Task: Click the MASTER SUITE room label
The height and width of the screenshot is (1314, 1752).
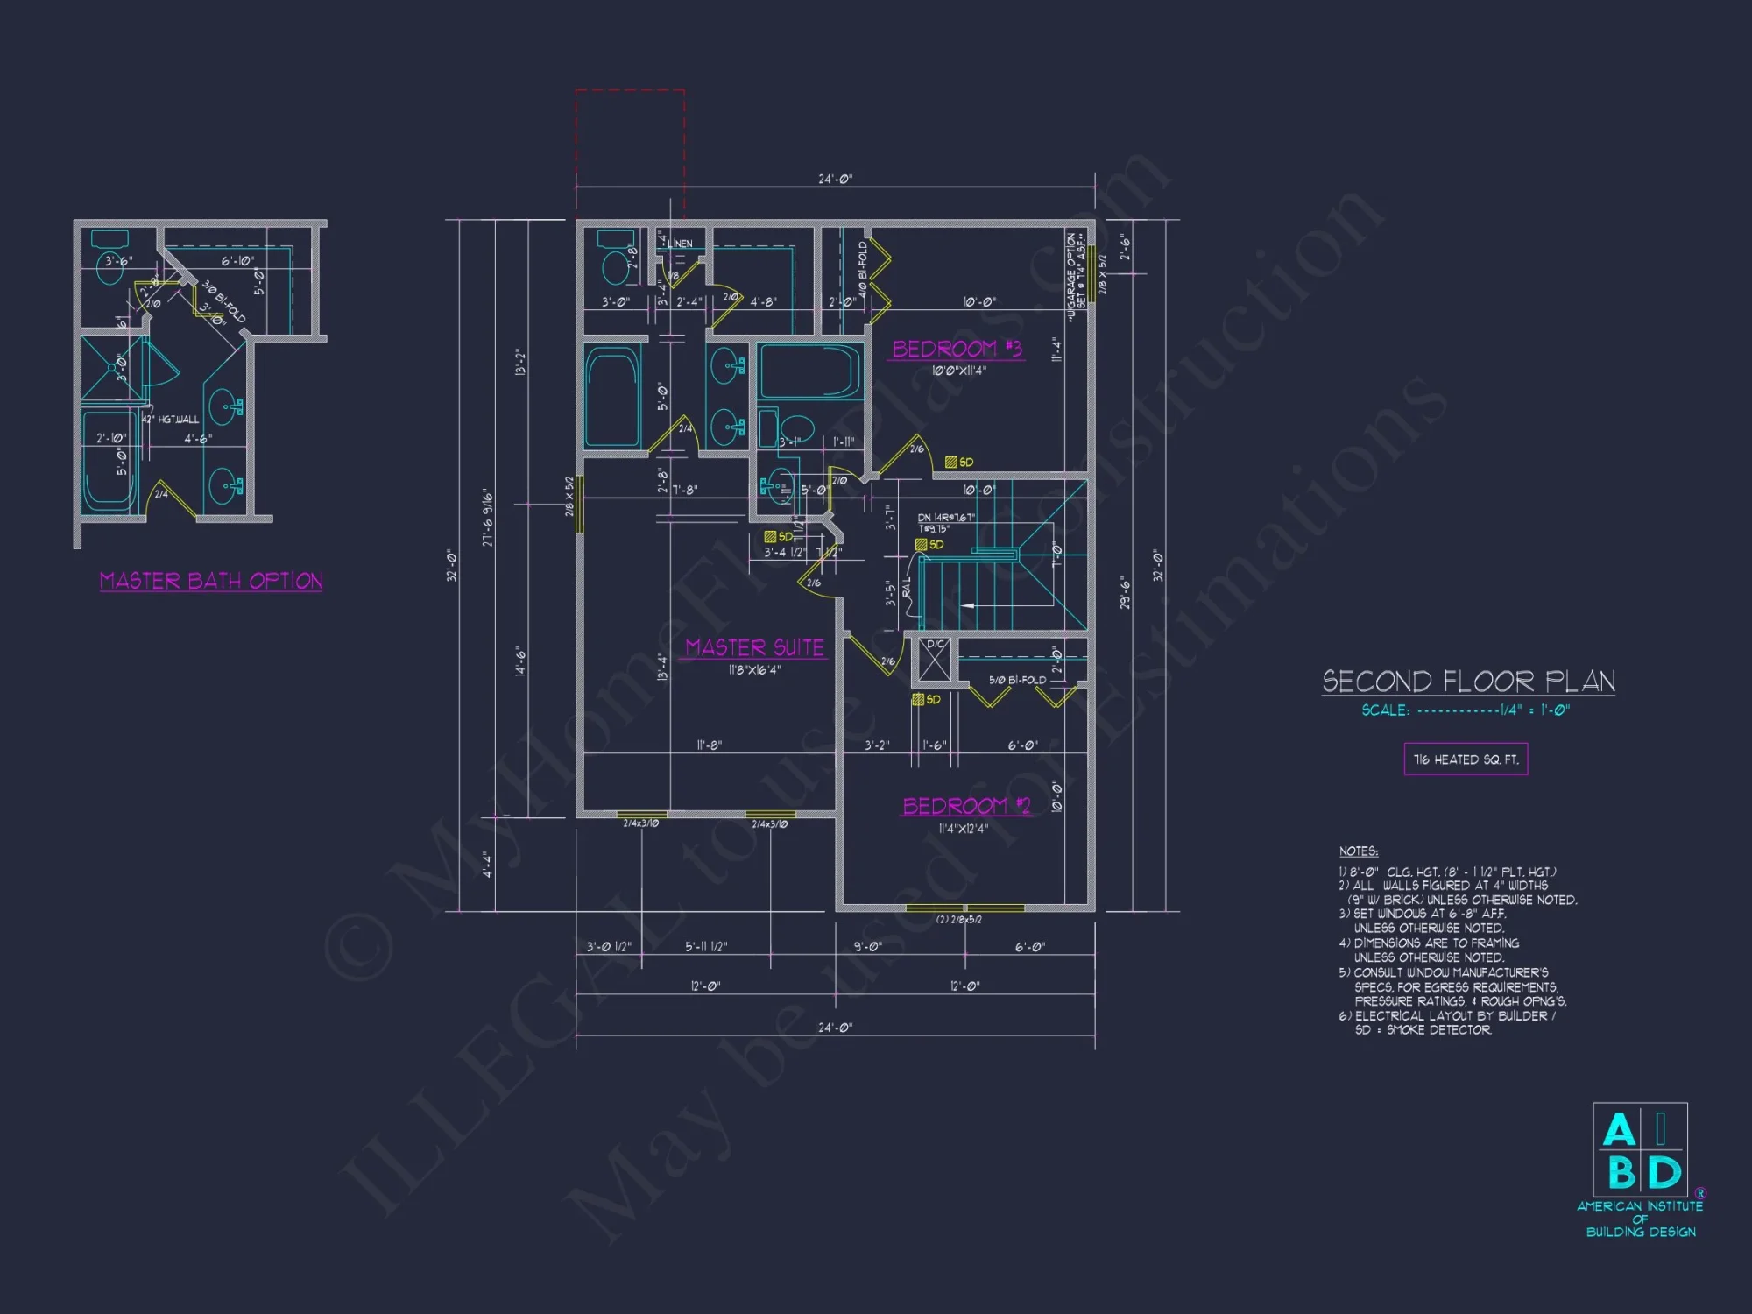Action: tap(754, 647)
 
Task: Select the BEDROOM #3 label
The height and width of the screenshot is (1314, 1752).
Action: tap(957, 349)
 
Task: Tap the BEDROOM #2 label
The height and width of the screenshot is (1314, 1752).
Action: tap(966, 805)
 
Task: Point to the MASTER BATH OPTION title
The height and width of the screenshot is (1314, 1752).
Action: tap(211, 581)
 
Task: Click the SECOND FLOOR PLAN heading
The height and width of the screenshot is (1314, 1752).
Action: tap(1468, 682)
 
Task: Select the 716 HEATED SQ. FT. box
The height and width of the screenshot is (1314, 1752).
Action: tap(1466, 759)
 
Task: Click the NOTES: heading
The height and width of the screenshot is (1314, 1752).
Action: tap(1358, 851)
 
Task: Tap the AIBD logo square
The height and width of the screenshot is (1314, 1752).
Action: tap(1640, 1149)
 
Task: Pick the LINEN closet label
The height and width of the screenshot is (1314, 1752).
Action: tap(682, 244)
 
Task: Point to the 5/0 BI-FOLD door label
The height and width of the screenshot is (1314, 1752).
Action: tap(1017, 680)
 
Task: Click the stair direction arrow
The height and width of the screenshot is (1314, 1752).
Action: tap(968, 605)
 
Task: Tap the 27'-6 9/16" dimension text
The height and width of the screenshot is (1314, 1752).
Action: tap(488, 519)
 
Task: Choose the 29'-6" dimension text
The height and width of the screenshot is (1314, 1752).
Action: tap(1126, 592)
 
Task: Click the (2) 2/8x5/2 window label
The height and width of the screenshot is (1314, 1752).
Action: tap(959, 920)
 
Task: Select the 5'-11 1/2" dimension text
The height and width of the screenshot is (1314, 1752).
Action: tap(706, 947)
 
